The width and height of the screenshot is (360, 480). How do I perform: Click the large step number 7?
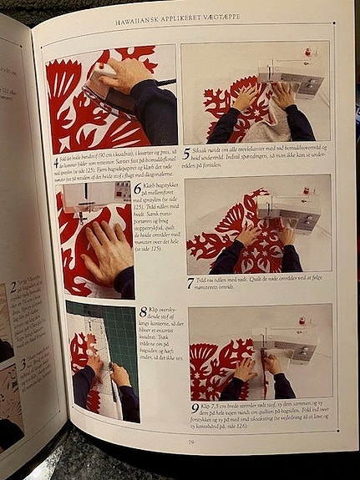[x=191, y=284]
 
